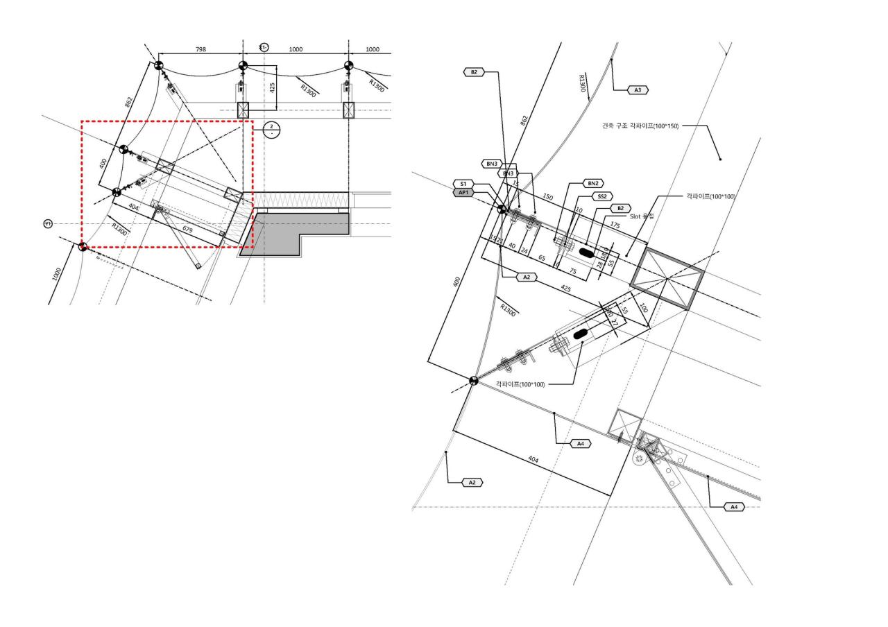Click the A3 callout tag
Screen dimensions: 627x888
click(637, 89)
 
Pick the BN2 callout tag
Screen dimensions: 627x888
click(592, 184)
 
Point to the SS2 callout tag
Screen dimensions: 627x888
click(602, 196)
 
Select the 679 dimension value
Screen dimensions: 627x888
click(187, 229)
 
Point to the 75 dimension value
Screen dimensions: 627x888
click(573, 271)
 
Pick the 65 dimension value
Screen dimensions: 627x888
click(541, 257)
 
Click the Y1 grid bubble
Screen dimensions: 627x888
click(48, 223)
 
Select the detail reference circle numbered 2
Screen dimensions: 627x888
click(271, 129)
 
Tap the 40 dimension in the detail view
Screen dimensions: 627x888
click(512, 246)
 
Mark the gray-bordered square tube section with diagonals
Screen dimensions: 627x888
click(666, 278)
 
